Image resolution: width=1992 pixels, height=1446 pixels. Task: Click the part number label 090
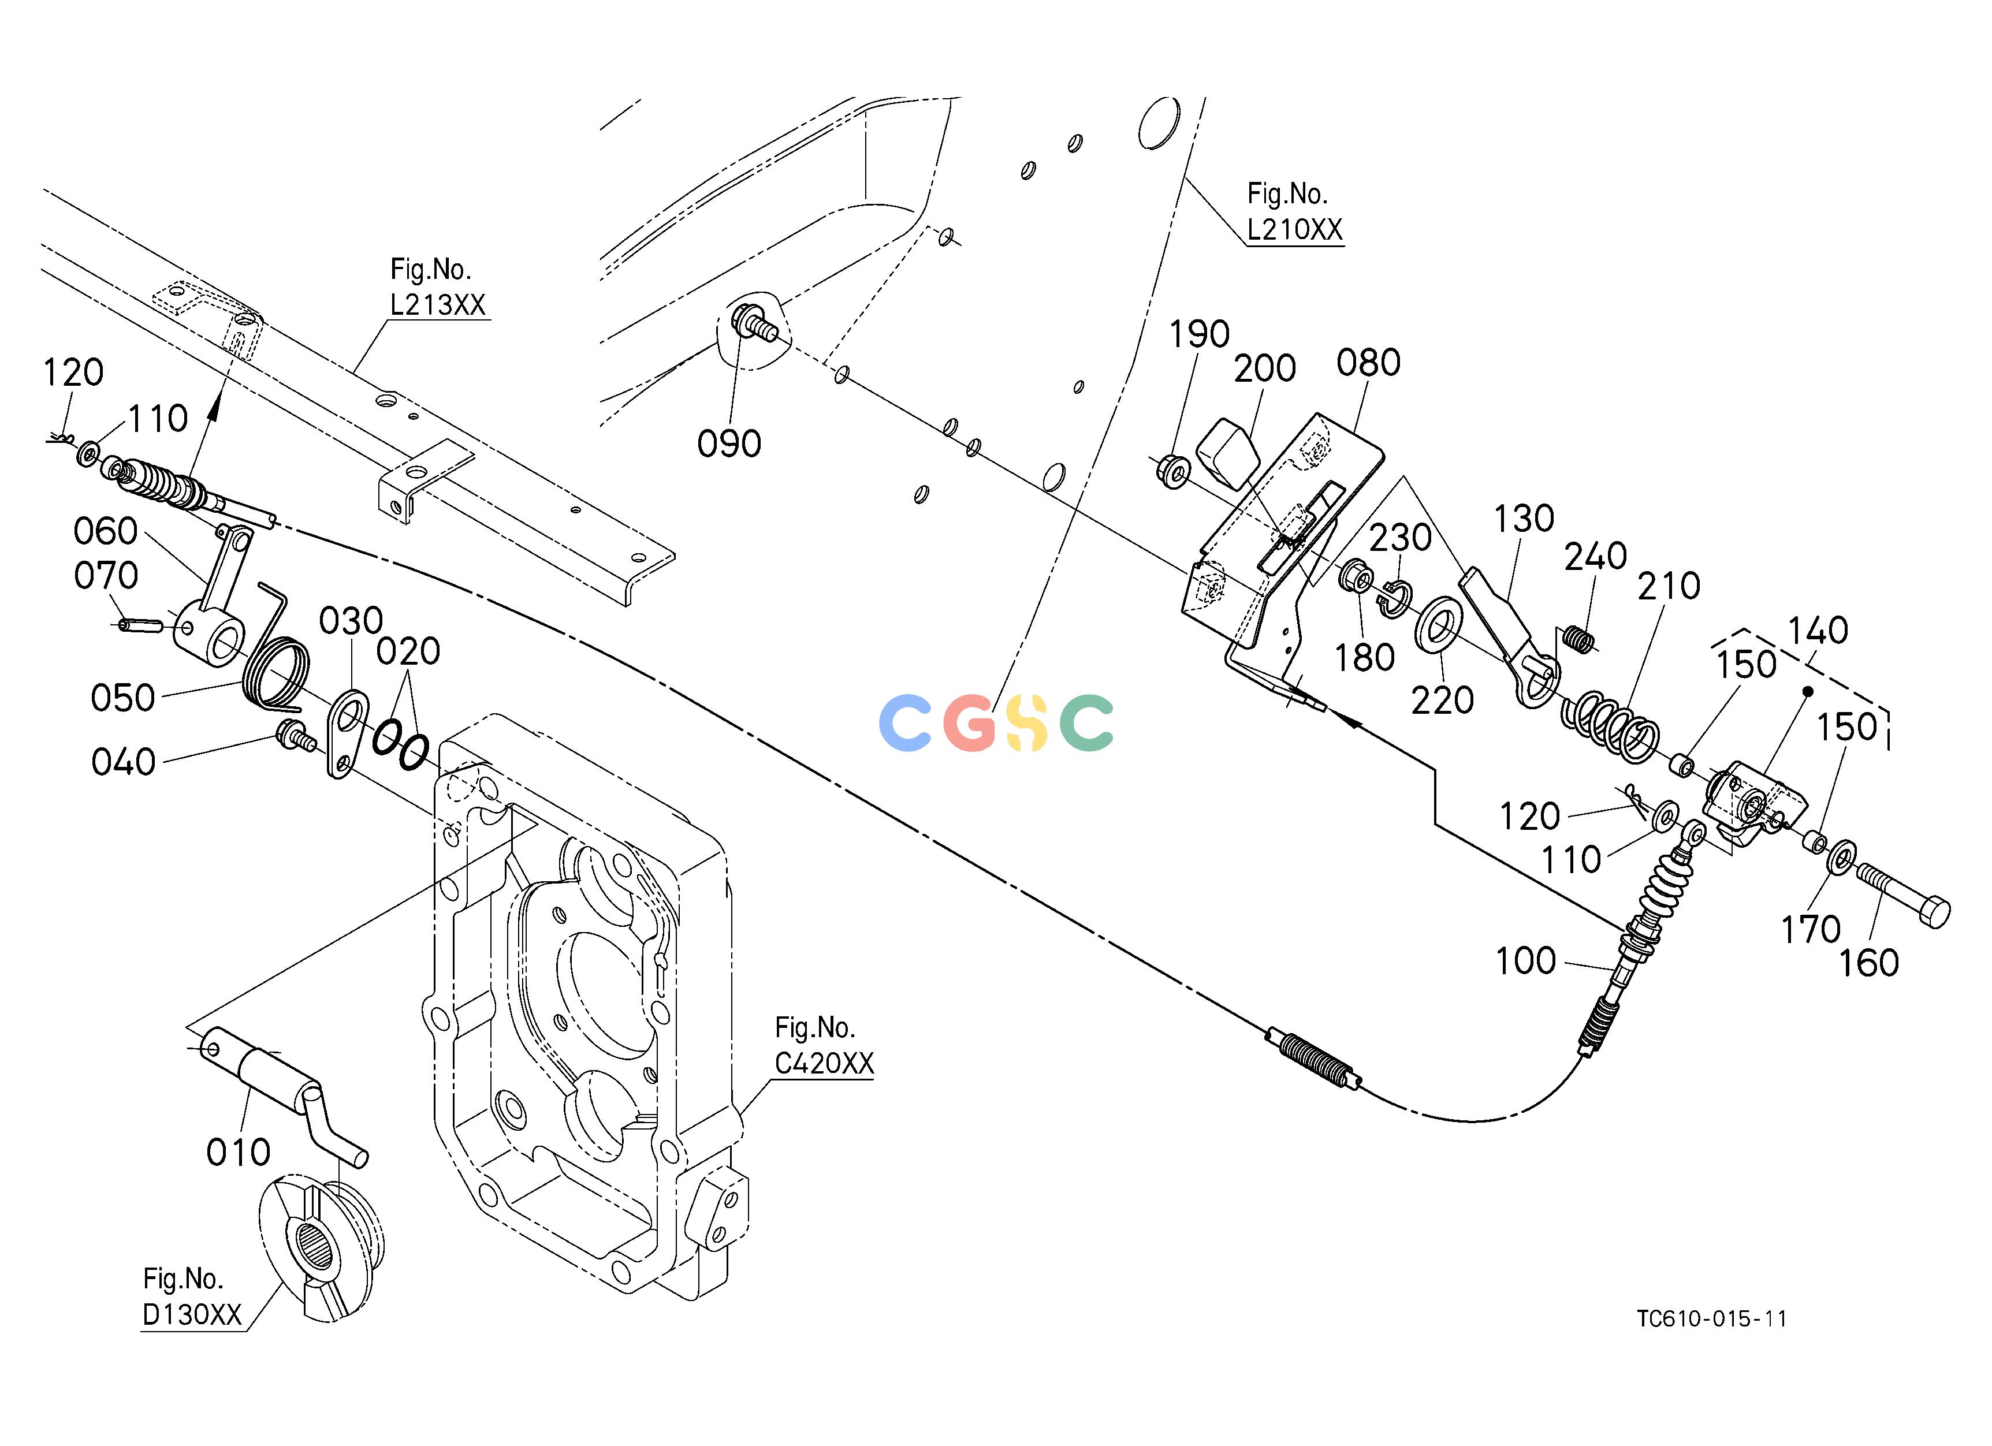point(729,444)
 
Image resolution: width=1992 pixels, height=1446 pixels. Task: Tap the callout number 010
point(238,1152)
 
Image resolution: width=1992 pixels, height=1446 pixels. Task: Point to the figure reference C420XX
point(824,1063)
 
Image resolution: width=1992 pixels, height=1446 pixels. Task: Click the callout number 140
point(1818,631)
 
